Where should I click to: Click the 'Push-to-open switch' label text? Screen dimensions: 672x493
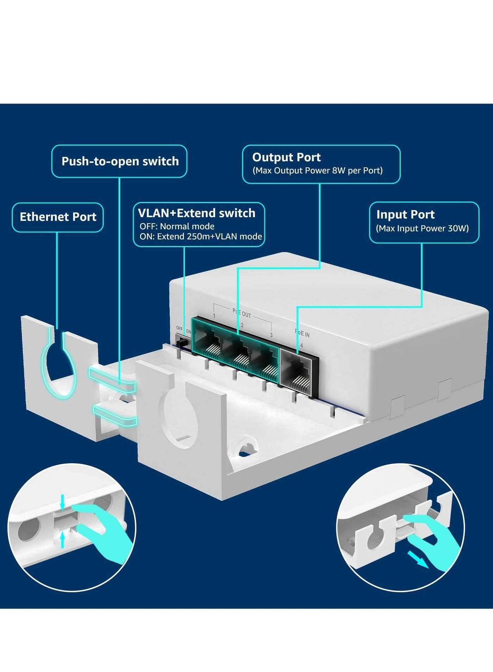point(120,161)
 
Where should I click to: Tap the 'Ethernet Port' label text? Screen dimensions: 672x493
point(58,217)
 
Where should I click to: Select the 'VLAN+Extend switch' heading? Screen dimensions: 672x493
point(196,213)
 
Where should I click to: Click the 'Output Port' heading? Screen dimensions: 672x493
point(286,157)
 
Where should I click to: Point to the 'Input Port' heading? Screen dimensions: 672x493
point(405,214)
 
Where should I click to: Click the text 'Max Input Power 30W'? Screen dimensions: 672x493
point(422,228)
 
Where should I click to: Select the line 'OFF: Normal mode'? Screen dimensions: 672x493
point(177,226)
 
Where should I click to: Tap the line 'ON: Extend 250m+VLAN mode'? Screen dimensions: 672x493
point(200,237)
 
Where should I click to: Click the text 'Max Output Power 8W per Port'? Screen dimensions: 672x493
point(317,171)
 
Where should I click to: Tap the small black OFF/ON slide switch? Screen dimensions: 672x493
point(182,341)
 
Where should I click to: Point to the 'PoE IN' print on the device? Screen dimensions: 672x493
point(302,333)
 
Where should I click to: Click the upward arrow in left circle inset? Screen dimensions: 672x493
point(63,540)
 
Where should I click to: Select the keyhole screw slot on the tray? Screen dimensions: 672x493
point(243,447)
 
